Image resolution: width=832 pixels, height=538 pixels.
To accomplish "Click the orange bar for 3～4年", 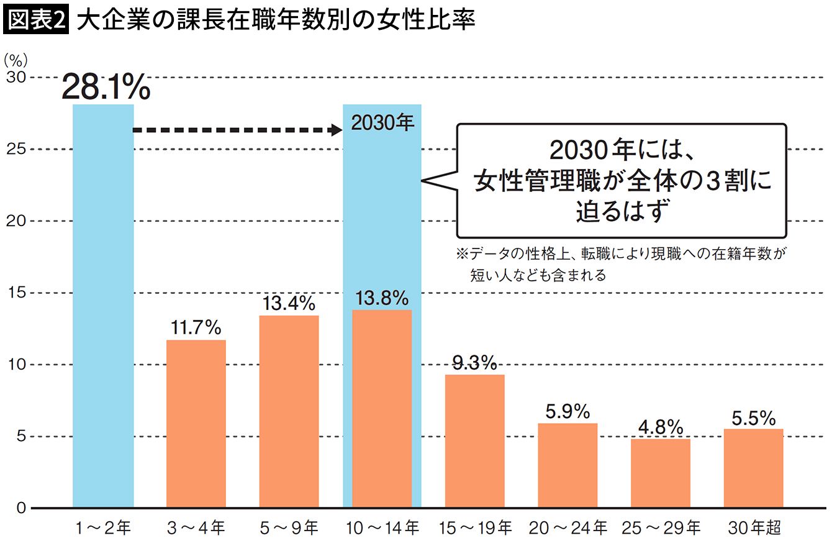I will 196,424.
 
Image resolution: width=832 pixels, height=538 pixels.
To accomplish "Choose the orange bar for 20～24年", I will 567,465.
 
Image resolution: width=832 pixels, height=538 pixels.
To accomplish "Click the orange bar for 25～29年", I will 660,473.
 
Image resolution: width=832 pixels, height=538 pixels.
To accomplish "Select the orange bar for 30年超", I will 753,468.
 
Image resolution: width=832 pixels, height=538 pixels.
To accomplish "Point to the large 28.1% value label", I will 106,89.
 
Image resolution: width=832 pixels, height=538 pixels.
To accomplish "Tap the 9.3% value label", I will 475,362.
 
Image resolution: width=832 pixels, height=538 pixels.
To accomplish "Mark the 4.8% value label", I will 660,427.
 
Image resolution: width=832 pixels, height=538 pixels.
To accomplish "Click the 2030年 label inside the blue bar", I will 382,123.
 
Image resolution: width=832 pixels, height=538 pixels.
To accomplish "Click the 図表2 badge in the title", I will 35,22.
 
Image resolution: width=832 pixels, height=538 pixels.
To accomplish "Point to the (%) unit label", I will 16,60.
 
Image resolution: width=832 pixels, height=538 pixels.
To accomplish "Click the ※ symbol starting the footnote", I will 461,254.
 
